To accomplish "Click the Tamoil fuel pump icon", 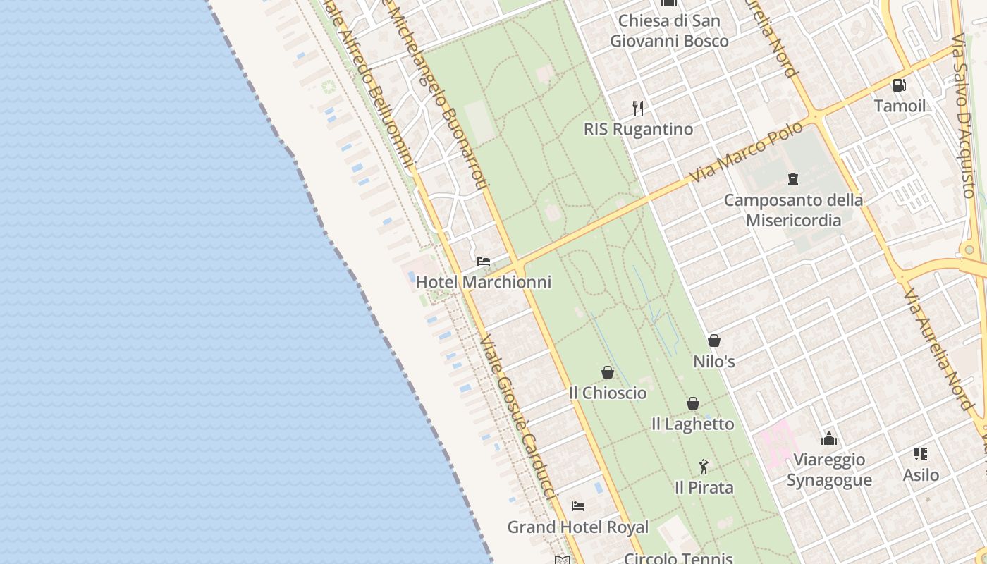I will (900, 85).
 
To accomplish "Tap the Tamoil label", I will (900, 106).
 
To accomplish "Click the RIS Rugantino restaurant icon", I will (638, 108).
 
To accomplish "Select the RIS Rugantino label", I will (638, 129).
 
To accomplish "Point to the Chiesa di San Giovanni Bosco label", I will (669, 31).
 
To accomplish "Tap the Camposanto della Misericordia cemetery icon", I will (793, 179).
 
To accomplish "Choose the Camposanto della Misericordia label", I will (793, 210).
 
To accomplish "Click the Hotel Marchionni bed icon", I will (484, 262).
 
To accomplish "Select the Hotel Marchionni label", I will (484, 282).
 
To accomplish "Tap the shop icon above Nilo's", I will (714, 341).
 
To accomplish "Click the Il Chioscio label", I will (608, 393).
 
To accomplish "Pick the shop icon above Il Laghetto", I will (693, 403).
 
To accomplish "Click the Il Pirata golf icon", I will (704, 467).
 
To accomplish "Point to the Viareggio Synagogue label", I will (829, 470).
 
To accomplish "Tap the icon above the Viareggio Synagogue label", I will (829, 439).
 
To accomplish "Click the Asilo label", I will (921, 475).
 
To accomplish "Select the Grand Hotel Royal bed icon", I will (578, 506).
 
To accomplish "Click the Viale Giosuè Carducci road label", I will (519, 416).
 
